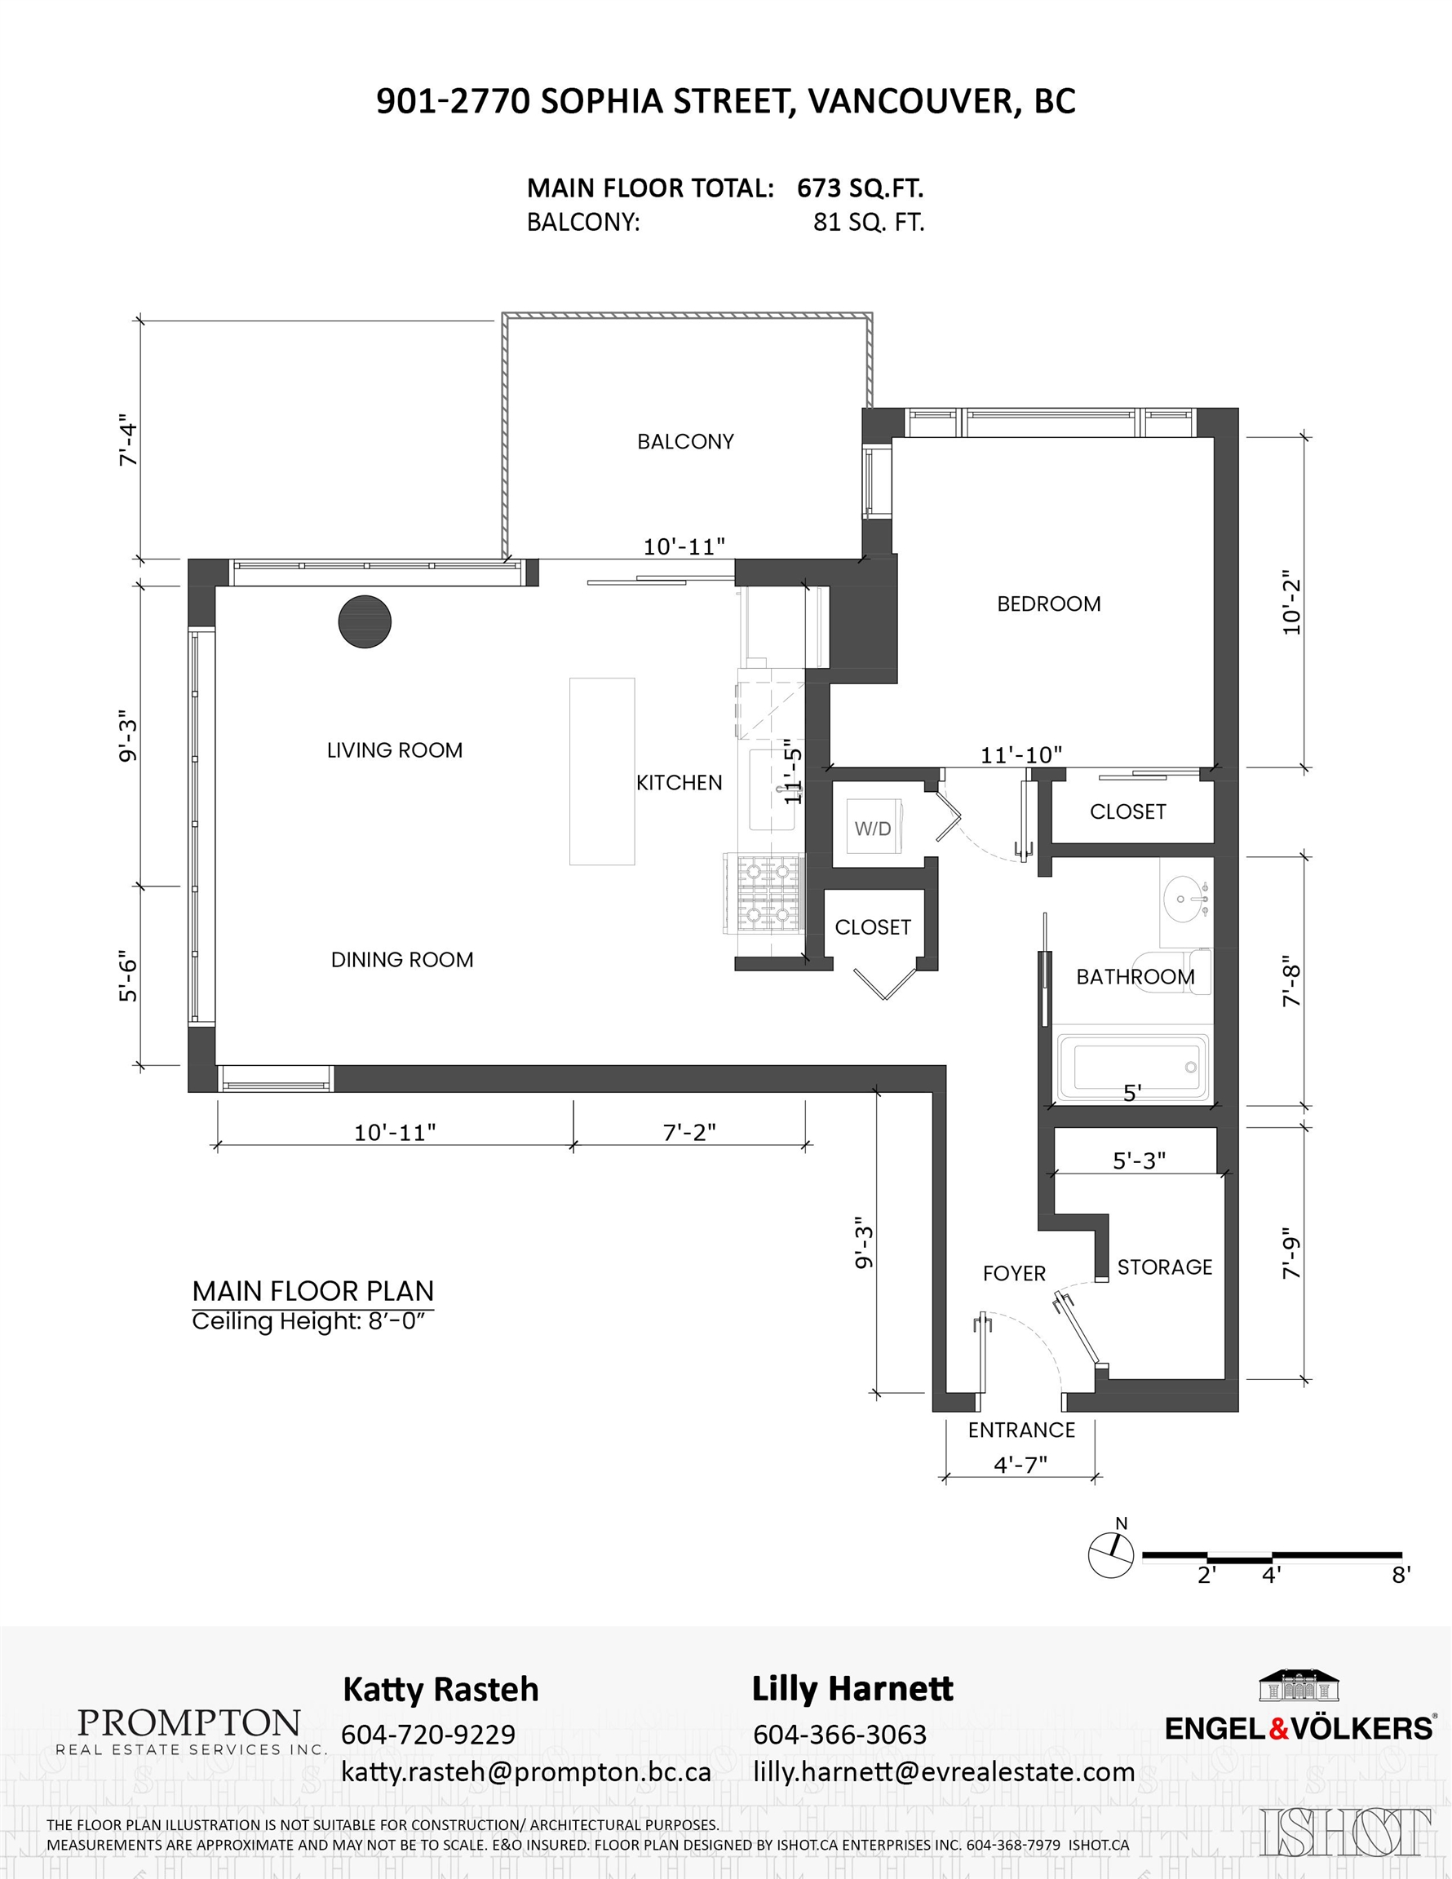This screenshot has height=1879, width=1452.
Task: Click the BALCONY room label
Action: coord(685,441)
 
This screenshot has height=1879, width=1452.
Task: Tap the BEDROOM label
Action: coord(1048,604)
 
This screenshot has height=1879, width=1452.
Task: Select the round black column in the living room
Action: coord(365,621)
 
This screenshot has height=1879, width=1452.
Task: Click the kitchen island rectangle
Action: coord(602,771)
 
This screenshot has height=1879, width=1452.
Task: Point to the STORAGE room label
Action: coord(1165,1267)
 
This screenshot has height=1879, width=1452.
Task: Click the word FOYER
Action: coord(1014,1273)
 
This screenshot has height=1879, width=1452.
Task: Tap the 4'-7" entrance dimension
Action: coord(1020,1465)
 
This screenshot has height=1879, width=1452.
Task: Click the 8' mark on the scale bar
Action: coord(1401,1575)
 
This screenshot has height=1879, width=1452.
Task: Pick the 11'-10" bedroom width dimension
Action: coord(1020,754)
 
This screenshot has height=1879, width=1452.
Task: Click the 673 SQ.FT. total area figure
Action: coord(860,188)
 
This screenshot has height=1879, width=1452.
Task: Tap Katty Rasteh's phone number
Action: coord(427,1735)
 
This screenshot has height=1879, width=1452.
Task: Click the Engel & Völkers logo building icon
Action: coord(1299,1686)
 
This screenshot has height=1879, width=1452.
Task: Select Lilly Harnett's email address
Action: coord(943,1772)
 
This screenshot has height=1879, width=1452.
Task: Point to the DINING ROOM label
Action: coord(402,959)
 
